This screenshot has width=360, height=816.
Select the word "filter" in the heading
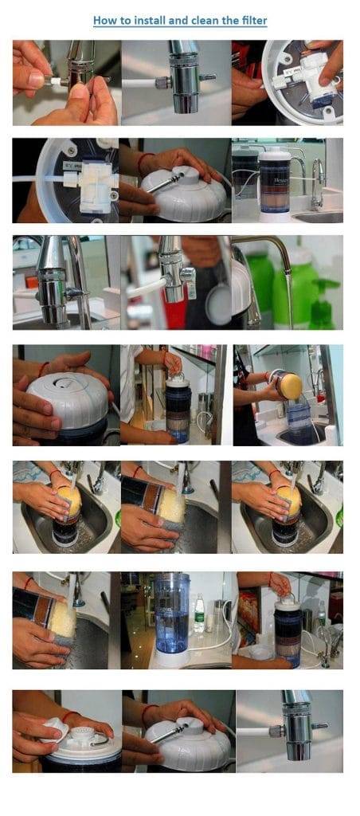tap(252, 21)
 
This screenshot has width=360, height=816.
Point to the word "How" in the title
tap(103, 21)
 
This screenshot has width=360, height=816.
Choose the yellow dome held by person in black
tap(291, 386)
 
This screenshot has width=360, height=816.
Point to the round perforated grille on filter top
tap(80, 733)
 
